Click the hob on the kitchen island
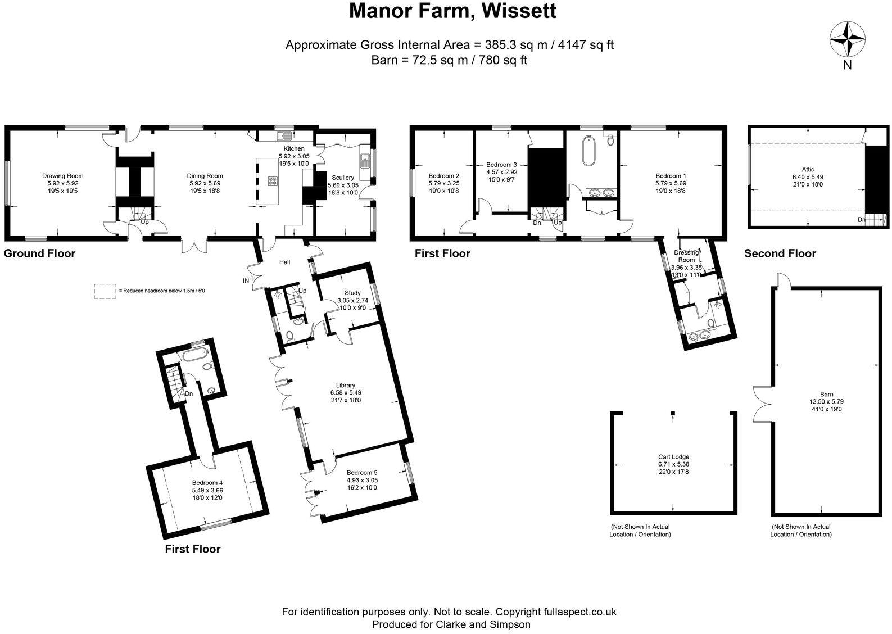tap(273, 181)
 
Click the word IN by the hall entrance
tap(246, 280)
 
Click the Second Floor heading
tap(780, 253)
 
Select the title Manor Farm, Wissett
tap(452, 11)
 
